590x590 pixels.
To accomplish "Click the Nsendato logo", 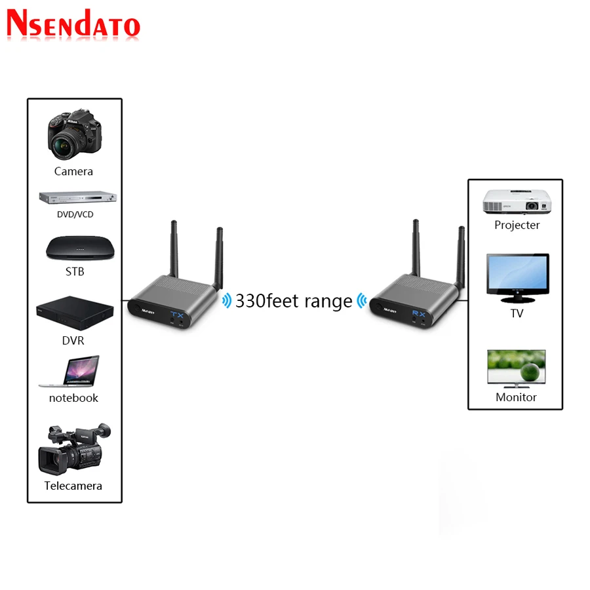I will (x=73, y=25).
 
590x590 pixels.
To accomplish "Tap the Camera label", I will (x=73, y=171).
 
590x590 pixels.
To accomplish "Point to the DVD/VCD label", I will (x=73, y=214).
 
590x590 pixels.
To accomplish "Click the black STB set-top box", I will (x=75, y=248).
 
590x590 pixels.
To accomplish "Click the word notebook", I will (x=73, y=398).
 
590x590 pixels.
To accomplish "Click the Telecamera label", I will (x=73, y=486).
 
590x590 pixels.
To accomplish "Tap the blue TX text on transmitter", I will (x=178, y=315).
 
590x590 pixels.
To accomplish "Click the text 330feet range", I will (x=294, y=302).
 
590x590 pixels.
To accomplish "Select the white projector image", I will (x=516, y=201).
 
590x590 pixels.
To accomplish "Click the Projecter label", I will (x=517, y=225).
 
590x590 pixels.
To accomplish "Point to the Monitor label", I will (x=516, y=397).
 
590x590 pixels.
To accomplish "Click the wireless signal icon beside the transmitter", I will (x=227, y=301).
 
